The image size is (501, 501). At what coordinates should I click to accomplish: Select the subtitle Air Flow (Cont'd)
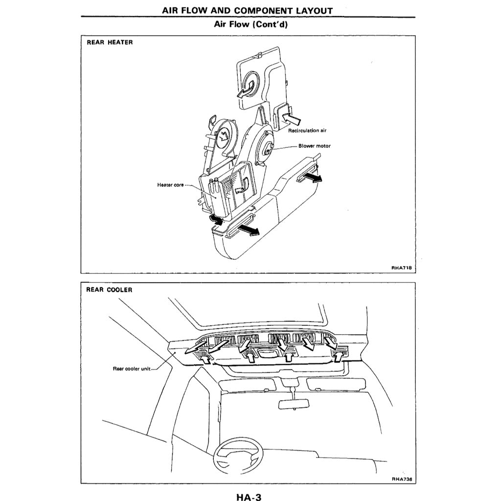pyautogui.click(x=250, y=24)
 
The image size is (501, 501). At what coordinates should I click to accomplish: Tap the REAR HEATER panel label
pyautogui.click(x=110, y=43)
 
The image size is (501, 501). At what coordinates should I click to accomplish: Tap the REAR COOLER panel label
pyautogui.click(x=109, y=290)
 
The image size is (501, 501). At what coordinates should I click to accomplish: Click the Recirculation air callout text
pyautogui.click(x=307, y=131)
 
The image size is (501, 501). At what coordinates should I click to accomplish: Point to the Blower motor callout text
pyautogui.click(x=314, y=146)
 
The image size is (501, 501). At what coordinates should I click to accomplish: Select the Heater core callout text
pyautogui.click(x=170, y=185)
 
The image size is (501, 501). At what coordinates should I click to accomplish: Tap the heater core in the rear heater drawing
pyautogui.click(x=223, y=193)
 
